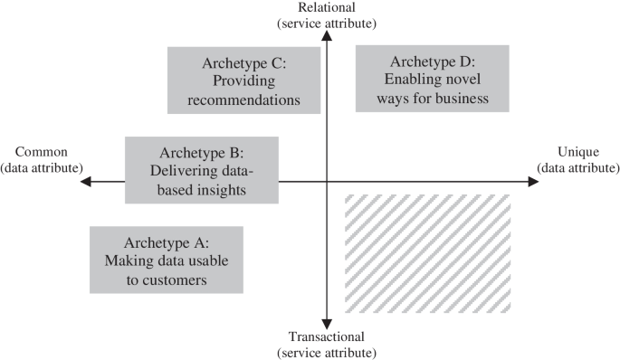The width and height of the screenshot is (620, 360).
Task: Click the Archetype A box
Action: click(x=166, y=259)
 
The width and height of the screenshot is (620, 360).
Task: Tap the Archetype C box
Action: click(x=244, y=81)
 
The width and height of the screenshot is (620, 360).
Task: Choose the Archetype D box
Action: click(x=433, y=79)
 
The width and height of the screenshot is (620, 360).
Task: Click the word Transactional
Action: click(x=327, y=337)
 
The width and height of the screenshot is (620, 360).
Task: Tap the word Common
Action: click(x=43, y=152)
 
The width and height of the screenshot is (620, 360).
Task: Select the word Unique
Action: click(x=577, y=153)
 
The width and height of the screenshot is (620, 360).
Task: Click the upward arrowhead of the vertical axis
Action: click(x=327, y=39)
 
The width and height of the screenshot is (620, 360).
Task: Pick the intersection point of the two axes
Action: click(x=327, y=181)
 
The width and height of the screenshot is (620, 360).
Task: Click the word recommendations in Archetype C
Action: click(x=244, y=99)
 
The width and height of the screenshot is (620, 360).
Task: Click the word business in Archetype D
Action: click(x=458, y=97)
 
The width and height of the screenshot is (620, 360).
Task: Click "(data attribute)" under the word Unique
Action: click(x=577, y=168)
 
